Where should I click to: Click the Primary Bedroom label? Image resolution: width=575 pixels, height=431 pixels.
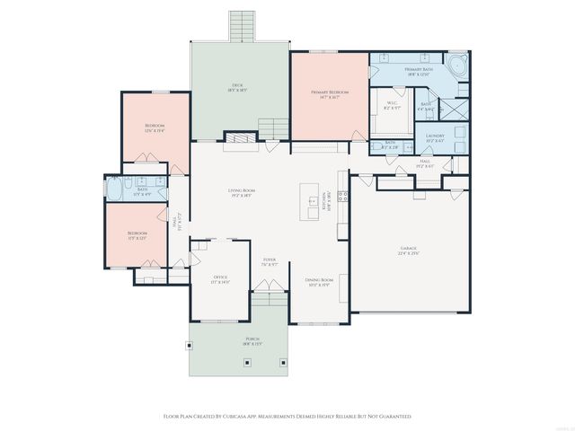(x=330, y=94)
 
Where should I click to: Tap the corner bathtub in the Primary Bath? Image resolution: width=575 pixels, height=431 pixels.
(x=459, y=66)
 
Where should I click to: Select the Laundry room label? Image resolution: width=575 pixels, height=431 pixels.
(x=435, y=138)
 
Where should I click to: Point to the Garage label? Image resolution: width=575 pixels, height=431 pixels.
(x=409, y=251)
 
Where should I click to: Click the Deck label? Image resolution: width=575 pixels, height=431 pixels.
(x=238, y=88)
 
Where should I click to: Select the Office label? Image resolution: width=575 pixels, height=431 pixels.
(x=220, y=279)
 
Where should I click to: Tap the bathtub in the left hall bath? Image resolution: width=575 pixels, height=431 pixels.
(x=117, y=189)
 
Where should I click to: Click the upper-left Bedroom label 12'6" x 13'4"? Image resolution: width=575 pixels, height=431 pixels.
(x=155, y=128)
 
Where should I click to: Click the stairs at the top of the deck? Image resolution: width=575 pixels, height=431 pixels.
(x=242, y=25)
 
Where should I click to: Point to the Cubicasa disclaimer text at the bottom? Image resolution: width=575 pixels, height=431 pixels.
(x=287, y=417)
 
